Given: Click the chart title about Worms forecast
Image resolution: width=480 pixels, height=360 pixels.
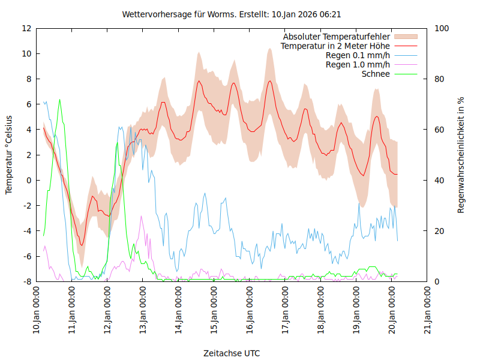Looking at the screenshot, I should (x=232, y=14).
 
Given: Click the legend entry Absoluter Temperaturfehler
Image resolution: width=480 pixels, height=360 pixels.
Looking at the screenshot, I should (x=336, y=37).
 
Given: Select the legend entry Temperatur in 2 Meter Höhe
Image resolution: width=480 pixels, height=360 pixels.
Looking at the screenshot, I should (x=335, y=46).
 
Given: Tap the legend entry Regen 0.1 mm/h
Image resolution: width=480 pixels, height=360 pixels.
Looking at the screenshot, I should (x=358, y=55).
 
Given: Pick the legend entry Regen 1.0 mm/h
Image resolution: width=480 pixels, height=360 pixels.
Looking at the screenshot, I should (x=358, y=65).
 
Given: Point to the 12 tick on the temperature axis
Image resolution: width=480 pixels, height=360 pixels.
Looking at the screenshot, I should (x=26, y=28).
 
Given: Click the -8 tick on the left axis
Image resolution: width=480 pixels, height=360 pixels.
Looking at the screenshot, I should (x=28, y=281).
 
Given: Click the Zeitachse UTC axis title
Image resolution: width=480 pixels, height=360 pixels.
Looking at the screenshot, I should (x=232, y=353).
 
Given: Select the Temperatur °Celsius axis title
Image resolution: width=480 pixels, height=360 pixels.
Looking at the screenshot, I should (x=9, y=155).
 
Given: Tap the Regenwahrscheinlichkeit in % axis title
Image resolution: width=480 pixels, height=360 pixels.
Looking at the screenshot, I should (x=461, y=155).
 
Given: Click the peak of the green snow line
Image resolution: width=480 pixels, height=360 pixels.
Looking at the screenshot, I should (x=59, y=100).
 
